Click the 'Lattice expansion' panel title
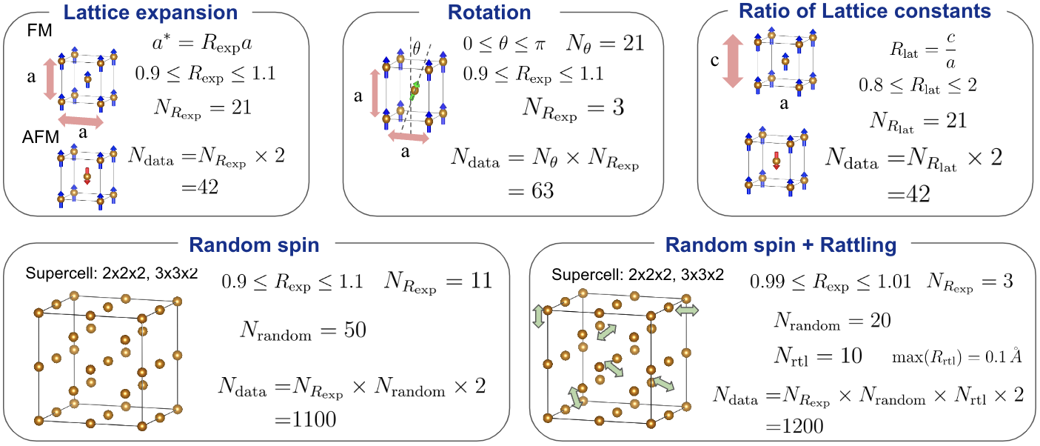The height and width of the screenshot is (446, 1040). tap(150, 12)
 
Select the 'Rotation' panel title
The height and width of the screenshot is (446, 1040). tap(489, 12)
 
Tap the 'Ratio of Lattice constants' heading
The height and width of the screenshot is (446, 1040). tap(865, 10)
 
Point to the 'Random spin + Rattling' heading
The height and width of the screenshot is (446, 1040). tap(781, 244)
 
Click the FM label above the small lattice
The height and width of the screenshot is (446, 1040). tap(39, 30)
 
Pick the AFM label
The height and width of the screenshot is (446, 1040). tap(41, 137)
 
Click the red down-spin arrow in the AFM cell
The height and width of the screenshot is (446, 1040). tap(87, 176)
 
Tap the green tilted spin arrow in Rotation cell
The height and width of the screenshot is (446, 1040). tap(415, 90)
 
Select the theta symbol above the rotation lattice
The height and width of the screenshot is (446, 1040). tap(417, 48)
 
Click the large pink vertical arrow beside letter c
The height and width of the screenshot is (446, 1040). tap(733, 61)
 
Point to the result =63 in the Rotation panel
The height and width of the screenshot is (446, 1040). tap(531, 190)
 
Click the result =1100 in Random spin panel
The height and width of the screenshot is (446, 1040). tap(306, 419)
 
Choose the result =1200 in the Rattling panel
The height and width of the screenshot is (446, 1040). tap(795, 425)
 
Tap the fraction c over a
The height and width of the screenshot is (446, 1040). tap(951, 50)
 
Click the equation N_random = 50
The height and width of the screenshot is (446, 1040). tap(303, 330)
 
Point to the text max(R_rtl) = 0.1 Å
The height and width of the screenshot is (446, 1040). tap(956, 357)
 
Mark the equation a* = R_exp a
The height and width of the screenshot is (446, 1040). tap(202, 44)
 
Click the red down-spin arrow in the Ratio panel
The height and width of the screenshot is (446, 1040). tap(776, 160)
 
